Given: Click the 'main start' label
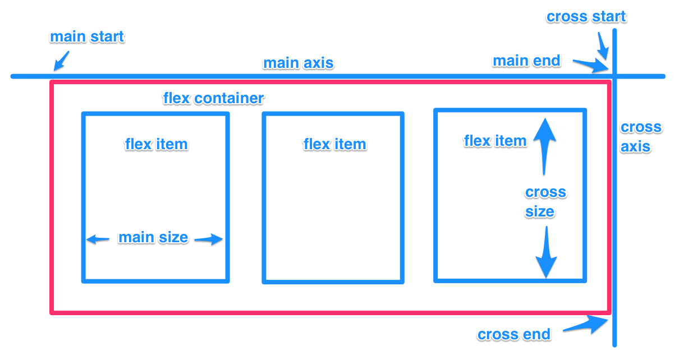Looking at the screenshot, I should click(87, 38).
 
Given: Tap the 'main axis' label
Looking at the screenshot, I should click(299, 63).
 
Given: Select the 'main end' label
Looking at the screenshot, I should click(526, 61).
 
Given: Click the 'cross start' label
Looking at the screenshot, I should click(586, 17).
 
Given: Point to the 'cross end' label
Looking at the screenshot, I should click(514, 335).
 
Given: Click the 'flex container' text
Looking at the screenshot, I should click(213, 98).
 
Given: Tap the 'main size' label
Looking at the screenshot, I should click(153, 238).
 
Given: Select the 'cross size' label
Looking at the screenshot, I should click(545, 202).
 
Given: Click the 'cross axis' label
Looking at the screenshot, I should click(640, 137).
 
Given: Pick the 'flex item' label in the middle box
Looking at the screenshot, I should click(334, 144).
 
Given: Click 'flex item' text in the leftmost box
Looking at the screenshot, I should click(156, 144).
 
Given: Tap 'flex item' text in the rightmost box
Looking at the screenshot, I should click(495, 141).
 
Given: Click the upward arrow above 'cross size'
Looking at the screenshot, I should click(544, 144).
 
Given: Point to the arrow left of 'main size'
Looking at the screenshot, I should click(98, 239).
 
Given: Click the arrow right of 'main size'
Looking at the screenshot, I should click(208, 239).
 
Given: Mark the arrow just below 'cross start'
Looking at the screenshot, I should click(603, 46).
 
